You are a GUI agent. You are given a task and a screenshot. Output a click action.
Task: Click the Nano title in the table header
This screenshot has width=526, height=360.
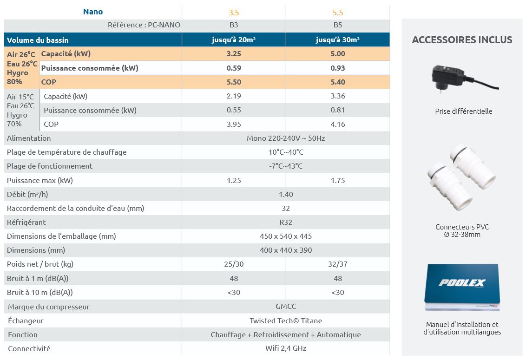(93, 12)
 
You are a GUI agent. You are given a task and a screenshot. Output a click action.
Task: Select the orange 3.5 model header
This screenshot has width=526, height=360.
(234, 13)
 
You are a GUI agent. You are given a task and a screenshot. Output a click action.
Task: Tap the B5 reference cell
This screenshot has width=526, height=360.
(338, 25)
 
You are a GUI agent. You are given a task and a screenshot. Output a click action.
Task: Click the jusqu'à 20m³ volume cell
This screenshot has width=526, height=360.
(234, 40)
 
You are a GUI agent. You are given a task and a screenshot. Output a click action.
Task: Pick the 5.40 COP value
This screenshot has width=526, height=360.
(338, 82)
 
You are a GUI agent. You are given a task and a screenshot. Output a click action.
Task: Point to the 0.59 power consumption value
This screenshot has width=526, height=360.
(234, 68)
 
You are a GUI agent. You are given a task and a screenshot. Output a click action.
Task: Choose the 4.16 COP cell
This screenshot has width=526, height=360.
(338, 124)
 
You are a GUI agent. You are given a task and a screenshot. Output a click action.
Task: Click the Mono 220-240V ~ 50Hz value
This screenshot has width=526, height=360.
(286, 138)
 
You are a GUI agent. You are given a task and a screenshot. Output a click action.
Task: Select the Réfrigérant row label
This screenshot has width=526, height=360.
(26, 222)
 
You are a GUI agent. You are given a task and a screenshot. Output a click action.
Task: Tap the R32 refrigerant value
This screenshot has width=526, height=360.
(286, 222)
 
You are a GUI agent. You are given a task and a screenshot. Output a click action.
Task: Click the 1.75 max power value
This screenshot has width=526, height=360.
(338, 180)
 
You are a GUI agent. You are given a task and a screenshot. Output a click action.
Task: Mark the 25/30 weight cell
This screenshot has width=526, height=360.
(234, 264)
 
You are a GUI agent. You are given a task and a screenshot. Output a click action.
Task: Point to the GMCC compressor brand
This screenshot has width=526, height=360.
(286, 307)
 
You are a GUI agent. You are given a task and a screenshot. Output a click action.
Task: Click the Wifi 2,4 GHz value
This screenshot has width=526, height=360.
(286, 348)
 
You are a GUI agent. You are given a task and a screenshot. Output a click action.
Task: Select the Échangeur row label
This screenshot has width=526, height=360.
(26, 321)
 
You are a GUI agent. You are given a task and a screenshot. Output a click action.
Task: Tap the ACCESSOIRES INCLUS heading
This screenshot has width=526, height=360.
(462, 40)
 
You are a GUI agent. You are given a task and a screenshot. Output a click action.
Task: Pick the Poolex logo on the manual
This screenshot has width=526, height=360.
(461, 283)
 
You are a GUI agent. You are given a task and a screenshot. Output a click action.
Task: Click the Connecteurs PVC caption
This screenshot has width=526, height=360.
(462, 227)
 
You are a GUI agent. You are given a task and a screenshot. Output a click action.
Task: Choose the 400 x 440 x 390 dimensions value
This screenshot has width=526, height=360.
(286, 250)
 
